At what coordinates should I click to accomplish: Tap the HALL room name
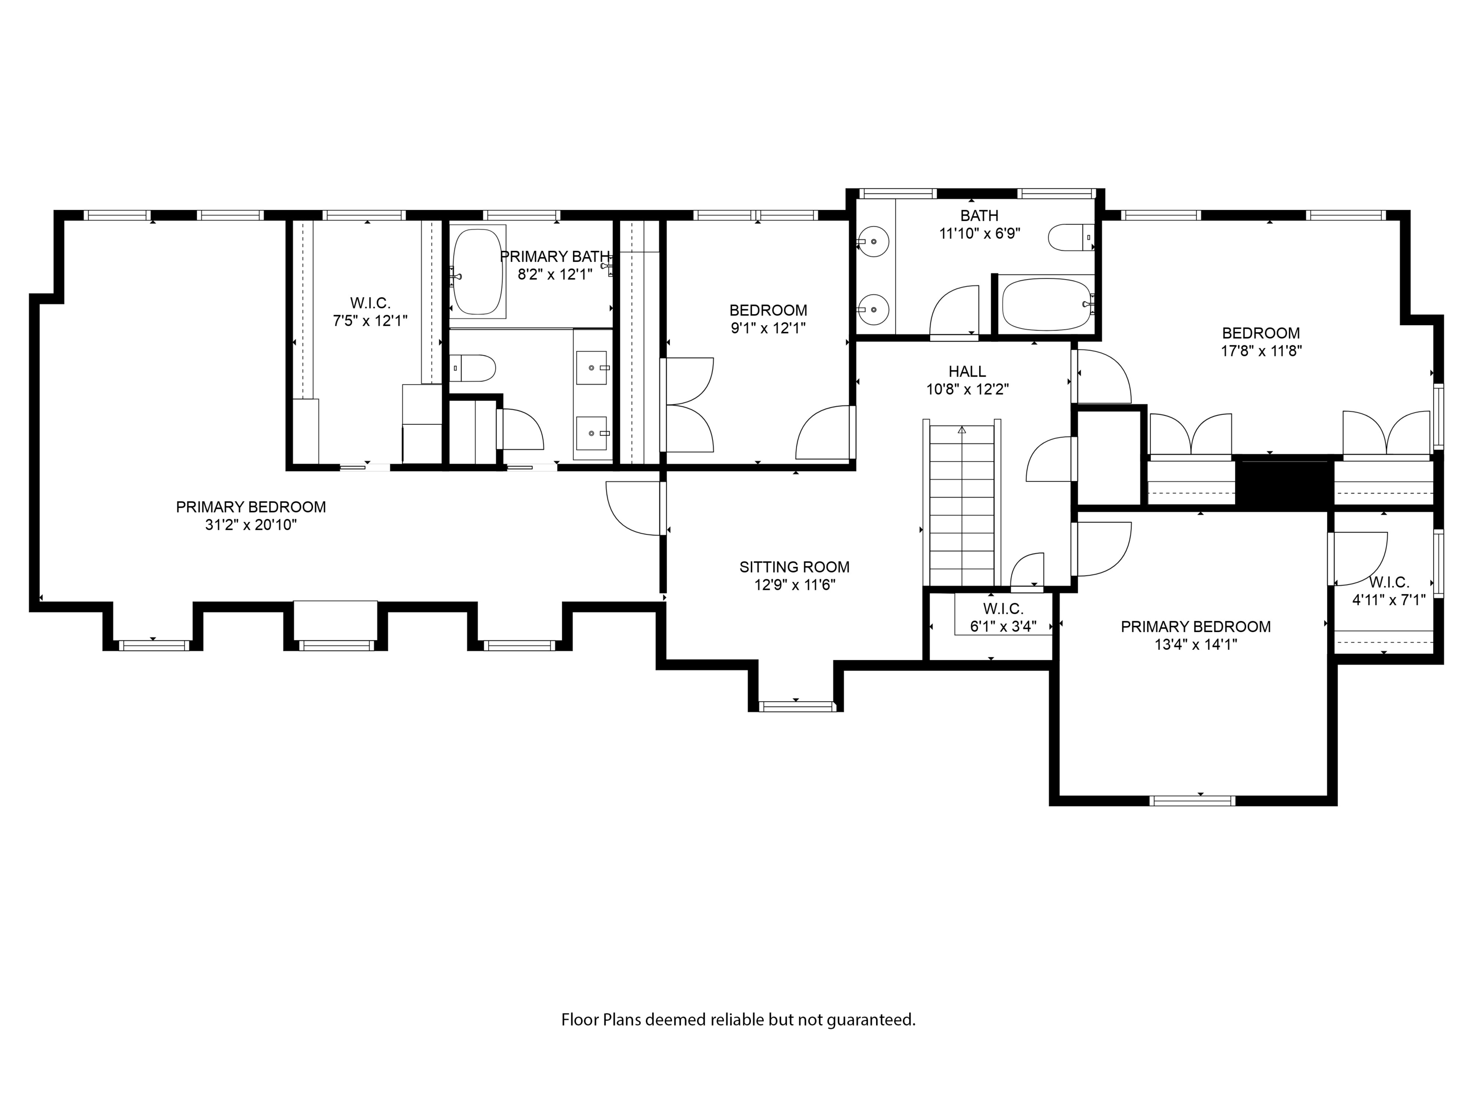(967, 372)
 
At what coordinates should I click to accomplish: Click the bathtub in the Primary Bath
(478, 272)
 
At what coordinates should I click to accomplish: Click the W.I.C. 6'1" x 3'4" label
(1003, 609)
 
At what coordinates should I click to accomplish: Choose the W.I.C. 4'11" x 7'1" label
(1389, 582)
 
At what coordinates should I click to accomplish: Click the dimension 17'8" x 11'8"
(1261, 351)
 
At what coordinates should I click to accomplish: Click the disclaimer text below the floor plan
(738, 1020)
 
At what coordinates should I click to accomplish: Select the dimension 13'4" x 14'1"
(1196, 644)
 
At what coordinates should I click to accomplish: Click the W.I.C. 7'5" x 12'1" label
(370, 303)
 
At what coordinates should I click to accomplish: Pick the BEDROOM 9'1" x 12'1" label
(768, 310)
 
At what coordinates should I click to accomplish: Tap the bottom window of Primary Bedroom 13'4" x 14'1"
(1193, 800)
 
